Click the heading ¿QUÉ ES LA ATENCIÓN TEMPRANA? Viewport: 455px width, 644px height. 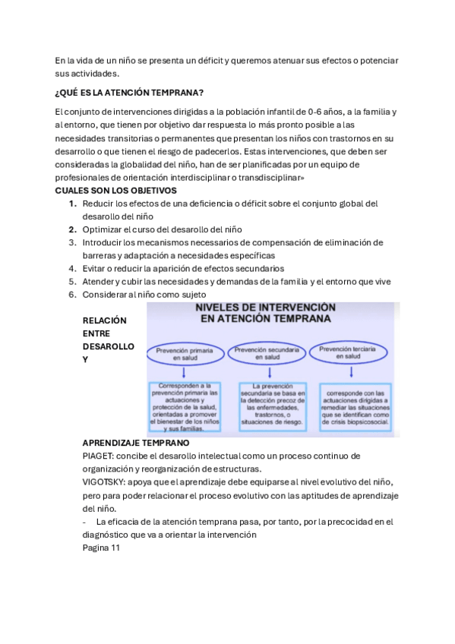tap(128, 93)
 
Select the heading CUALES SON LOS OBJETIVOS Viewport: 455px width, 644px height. tap(115, 190)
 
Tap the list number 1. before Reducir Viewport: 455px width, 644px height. tap(72, 204)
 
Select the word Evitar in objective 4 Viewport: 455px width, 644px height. tap(96, 268)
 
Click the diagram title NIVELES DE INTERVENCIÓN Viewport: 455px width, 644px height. tap(265, 308)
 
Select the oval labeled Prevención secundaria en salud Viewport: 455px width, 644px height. tap(267, 353)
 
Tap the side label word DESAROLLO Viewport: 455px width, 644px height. tap(108, 346)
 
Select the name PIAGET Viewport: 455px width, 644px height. tap(100, 456)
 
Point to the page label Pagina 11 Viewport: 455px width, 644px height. tap(101, 548)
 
